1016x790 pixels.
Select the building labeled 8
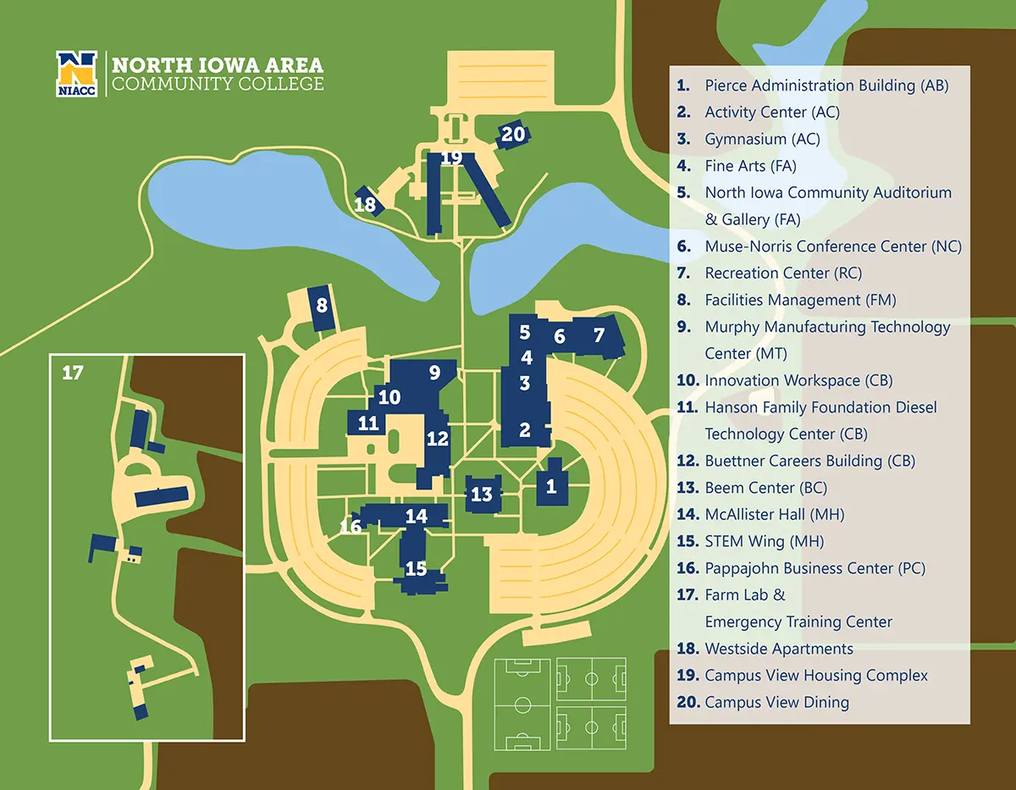[322, 306]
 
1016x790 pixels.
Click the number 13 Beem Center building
[482, 494]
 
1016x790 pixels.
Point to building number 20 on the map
[513, 134]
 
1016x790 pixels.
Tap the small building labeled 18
[367, 203]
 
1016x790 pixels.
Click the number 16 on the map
[351, 527]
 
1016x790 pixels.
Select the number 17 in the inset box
[73, 372]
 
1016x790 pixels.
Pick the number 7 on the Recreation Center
[599, 335]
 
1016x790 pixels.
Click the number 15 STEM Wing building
[416, 568]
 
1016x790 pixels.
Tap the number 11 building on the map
[367, 423]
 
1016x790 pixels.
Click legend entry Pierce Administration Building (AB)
[825, 86]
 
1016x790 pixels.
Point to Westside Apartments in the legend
[778, 649]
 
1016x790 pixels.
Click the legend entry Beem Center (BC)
[765, 488]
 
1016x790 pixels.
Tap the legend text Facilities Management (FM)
[799, 300]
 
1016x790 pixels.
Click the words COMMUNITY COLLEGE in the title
[218, 84]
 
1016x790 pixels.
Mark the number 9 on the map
[434, 372]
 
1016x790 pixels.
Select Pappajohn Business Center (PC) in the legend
[814, 568]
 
